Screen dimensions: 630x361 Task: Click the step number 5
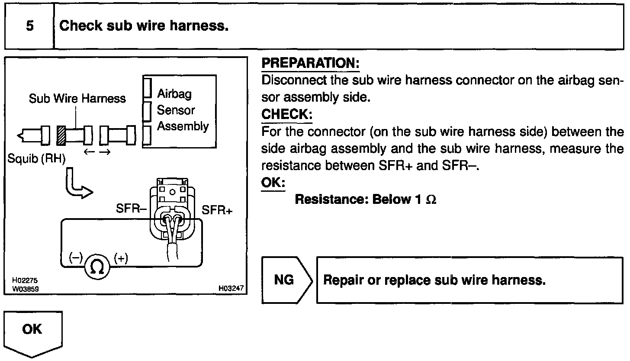coord(29,26)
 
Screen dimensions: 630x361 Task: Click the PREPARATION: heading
coord(311,64)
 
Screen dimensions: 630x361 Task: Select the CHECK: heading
coord(286,115)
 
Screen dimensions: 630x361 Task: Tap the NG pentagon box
coord(285,280)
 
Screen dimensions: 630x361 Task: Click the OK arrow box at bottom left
coord(33,331)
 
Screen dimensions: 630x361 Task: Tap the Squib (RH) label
coord(35,159)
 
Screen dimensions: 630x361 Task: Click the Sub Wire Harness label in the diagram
coord(77,99)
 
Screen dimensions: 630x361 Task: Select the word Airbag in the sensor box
coord(174,94)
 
